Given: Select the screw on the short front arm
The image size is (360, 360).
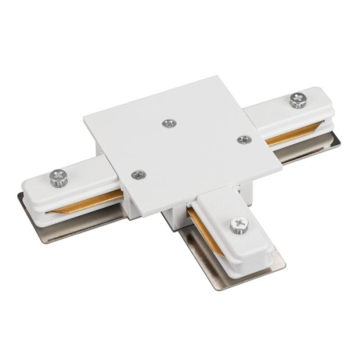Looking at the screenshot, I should point(238,227).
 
